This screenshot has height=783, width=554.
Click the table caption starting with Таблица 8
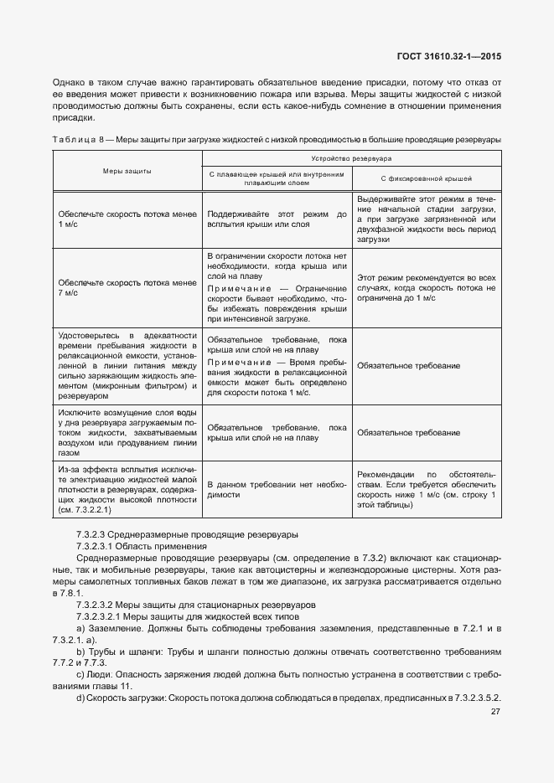tap(277, 138)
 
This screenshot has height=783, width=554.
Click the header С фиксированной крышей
tap(426, 178)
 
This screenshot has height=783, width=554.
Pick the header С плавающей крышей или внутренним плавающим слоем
tap(276, 178)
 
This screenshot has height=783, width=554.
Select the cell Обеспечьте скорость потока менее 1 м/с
tap(127, 220)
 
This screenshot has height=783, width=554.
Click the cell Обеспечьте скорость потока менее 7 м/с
tap(127, 287)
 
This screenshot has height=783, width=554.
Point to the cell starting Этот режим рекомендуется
tap(426, 287)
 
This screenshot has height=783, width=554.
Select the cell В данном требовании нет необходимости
tap(276, 489)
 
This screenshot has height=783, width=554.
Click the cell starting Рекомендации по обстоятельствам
tap(426, 489)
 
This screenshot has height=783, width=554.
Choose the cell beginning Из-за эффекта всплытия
tap(127, 489)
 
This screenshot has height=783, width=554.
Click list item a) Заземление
tap(277, 632)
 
